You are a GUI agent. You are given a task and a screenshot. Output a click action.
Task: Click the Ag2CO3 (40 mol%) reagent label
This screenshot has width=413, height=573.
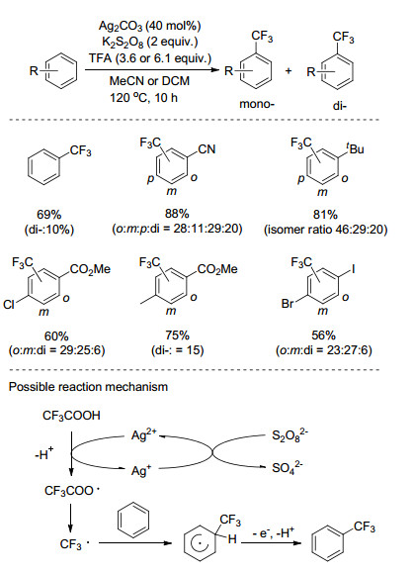coord(149,26)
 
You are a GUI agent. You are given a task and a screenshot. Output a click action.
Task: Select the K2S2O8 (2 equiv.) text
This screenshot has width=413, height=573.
coord(149,42)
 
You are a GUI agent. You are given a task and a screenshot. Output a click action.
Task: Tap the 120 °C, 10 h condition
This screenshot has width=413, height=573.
coord(143,98)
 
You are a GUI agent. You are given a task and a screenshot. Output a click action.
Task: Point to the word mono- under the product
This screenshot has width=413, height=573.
coord(257,104)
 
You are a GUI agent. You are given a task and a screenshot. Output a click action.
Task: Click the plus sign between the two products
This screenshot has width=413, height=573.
coord(289,70)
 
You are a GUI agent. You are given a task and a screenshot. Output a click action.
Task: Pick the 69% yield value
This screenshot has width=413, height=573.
coord(48,215)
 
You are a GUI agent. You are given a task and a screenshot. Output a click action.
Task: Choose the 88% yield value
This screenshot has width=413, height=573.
coord(177,214)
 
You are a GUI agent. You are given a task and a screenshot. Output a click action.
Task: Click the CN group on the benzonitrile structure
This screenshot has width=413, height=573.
coord(206,149)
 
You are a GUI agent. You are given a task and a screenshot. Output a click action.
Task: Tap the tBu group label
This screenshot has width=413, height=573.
coord(355,148)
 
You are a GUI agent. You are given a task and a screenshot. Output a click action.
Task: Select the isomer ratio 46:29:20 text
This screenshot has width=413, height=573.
coord(326,230)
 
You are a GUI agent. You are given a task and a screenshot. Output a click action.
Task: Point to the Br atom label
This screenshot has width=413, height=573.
coord(288,303)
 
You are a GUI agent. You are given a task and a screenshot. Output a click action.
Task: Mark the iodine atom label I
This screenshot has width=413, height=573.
coord(353,269)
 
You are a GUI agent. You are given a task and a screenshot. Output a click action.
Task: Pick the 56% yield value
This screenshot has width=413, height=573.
coord(324,335)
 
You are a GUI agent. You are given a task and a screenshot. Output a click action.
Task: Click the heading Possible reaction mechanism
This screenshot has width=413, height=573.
coord(88,387)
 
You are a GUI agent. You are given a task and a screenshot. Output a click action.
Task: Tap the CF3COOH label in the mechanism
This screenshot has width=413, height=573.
coord(71,416)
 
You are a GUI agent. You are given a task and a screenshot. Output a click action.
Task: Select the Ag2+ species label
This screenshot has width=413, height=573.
coord(143,434)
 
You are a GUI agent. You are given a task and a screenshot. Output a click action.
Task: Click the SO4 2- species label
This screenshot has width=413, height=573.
coord(288,467)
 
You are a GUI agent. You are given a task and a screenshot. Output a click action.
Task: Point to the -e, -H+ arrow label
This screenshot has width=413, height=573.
coord(274,533)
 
